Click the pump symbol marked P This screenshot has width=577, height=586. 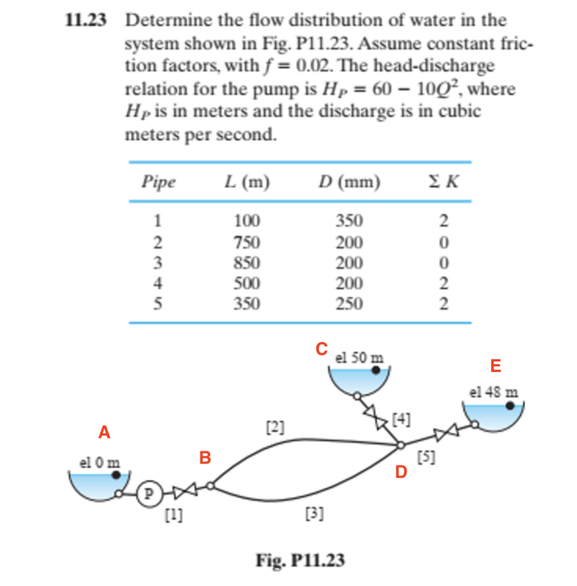[148, 494]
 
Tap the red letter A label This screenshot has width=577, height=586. [105, 433]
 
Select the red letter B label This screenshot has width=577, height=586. [205, 458]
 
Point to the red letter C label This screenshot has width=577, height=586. [321, 348]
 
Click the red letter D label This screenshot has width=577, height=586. [401, 472]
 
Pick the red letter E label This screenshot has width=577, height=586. [495, 366]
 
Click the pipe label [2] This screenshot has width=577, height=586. [275, 427]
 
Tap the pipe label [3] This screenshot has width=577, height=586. [314, 514]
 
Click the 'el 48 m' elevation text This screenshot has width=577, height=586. [494, 392]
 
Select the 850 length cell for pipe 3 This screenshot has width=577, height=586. [247, 263]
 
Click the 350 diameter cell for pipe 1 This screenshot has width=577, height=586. [349, 221]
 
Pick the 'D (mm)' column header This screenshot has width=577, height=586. [349, 182]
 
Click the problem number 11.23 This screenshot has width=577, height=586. [86, 20]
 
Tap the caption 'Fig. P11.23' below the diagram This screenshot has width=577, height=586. [300, 560]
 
